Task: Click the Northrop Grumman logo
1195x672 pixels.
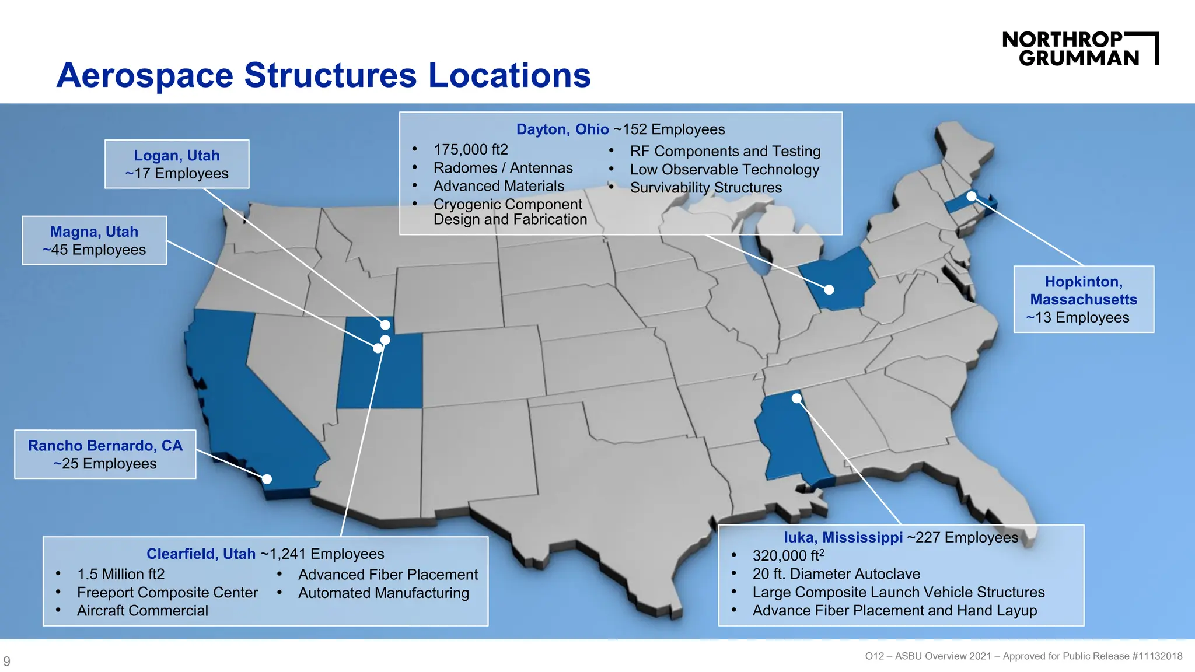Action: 1079,48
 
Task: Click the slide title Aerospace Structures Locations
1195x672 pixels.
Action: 323,75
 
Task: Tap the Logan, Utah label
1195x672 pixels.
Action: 177,156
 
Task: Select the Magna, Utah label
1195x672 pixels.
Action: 94,232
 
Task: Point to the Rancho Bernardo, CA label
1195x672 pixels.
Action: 105,446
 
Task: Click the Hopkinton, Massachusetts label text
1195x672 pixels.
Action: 1084,290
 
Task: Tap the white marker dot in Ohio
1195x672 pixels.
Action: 829,289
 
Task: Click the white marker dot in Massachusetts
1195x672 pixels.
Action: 972,197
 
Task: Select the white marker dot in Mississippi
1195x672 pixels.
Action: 796,398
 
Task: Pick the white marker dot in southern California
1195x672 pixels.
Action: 267,479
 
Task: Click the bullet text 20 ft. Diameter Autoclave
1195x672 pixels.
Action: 836,574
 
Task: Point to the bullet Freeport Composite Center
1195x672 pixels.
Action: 167,593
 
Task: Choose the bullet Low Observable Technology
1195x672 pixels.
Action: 724,170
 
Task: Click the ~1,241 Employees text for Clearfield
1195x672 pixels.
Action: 322,554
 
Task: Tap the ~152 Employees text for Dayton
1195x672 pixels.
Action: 669,129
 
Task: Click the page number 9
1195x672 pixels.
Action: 7,661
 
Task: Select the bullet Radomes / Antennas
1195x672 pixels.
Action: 503,168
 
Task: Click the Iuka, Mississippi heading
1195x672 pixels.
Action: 843,537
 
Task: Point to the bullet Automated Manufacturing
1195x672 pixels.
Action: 383,593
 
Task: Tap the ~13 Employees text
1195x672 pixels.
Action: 1078,318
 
